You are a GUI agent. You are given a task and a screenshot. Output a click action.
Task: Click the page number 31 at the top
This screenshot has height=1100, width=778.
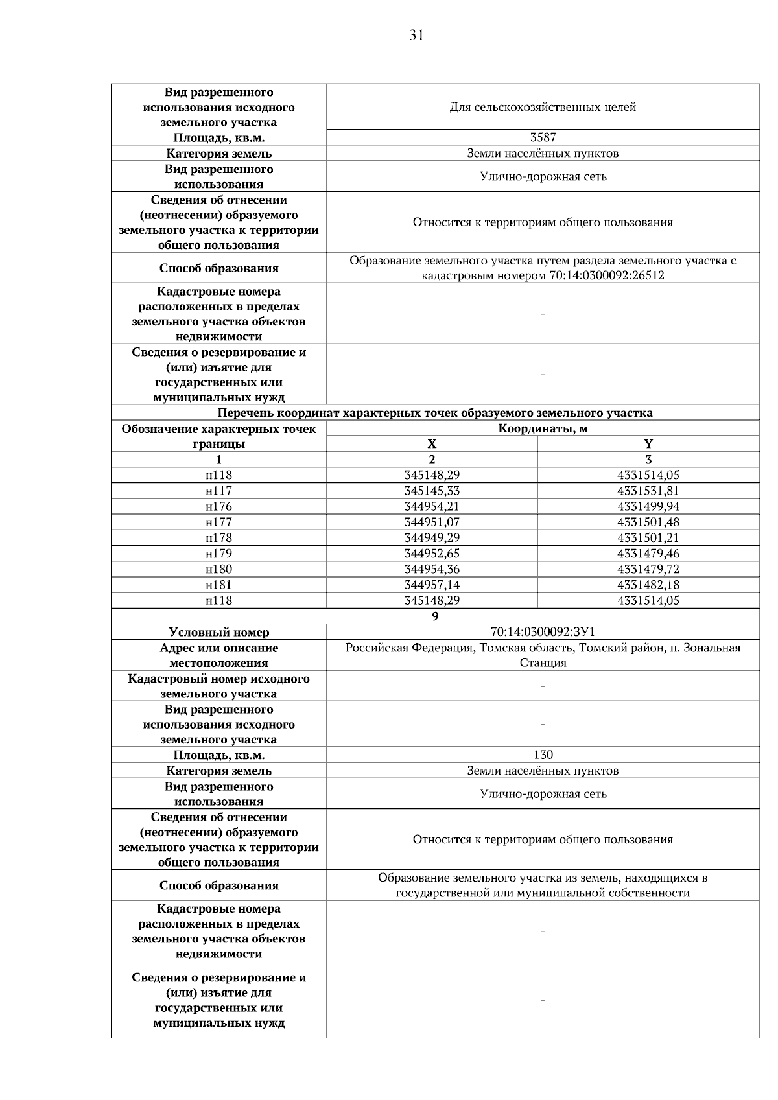[x=416, y=36]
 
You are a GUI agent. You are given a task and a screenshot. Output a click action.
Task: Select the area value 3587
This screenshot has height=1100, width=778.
[x=543, y=137]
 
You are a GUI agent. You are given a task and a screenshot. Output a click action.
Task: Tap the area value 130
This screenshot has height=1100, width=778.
[x=543, y=755]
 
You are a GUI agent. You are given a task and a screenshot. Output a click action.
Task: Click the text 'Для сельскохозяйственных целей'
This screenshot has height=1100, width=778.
[x=543, y=107]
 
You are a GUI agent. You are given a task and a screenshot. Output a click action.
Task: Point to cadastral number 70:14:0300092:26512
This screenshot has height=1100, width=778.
[x=606, y=275]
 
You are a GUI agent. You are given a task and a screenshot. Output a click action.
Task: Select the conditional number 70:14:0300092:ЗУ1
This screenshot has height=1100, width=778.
[x=543, y=632]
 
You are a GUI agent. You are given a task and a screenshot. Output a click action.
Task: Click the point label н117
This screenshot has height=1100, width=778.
[x=218, y=491]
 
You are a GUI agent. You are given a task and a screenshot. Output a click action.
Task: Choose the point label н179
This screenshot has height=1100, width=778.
[x=218, y=554]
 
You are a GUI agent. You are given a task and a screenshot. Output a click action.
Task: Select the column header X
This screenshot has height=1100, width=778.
[x=432, y=444]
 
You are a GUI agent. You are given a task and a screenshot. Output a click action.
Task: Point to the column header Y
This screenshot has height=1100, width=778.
[x=648, y=444]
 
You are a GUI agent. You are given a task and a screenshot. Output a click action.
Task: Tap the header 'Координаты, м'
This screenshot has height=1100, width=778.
[x=543, y=428]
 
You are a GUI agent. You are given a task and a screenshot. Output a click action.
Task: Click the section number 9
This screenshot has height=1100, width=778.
[x=435, y=616]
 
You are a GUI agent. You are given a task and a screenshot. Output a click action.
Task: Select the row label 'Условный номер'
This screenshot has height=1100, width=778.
[x=218, y=632]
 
